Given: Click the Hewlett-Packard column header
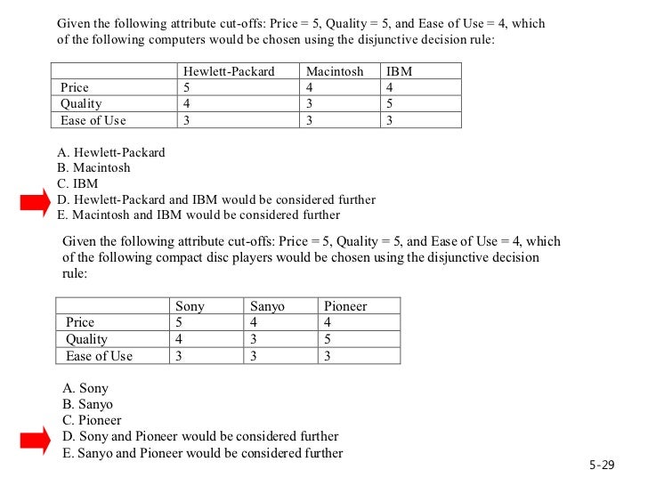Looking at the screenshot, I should coord(229,71).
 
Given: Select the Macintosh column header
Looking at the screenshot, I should coord(335,71).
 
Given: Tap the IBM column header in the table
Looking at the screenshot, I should coord(400,71).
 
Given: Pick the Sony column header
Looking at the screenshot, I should coord(190,306).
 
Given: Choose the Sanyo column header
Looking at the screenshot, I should coord(267,306).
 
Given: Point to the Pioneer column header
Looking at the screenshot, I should coord(345,306).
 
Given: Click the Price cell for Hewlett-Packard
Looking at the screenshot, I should coord(187,87).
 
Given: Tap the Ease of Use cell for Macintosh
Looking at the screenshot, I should coord(310,120).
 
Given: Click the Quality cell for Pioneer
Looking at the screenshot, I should coord(328,339).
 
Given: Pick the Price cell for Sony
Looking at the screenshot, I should coord(179,322).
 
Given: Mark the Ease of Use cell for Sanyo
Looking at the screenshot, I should coord(254,356).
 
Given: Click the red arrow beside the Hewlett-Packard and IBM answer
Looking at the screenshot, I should coord(36,204).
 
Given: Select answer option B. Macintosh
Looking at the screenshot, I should coord(93,167).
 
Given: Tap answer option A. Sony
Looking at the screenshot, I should coord(85,388).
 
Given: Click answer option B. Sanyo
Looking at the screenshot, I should coord(88,404).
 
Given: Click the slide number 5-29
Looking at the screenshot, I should coord(602,466).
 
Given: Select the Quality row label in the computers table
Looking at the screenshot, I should coord(81,103).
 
